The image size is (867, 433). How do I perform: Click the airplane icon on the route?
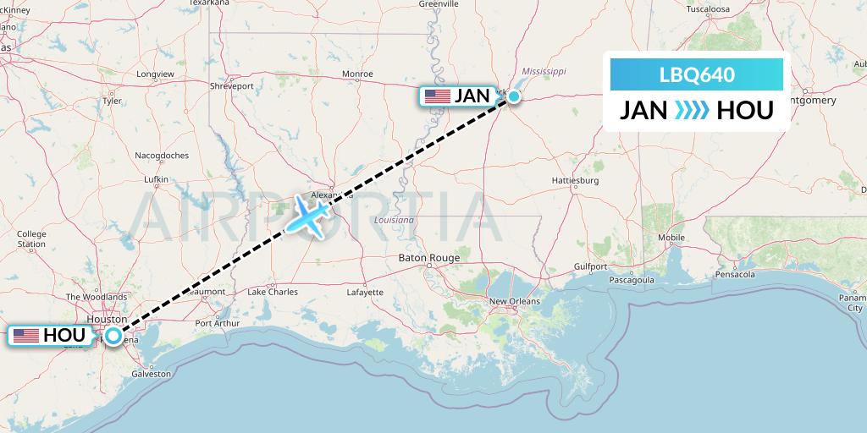pyautogui.click(x=310, y=216)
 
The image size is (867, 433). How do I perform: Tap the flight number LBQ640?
pyautogui.click(x=697, y=74)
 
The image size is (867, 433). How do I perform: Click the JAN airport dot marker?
pyautogui.click(x=513, y=97)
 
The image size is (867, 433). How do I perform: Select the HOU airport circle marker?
pyautogui.click(x=113, y=336)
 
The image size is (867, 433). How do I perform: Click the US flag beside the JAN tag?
pyautogui.click(x=437, y=96)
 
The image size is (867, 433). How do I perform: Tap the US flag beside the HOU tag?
pyautogui.click(x=25, y=336)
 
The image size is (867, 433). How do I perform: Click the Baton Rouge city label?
pyautogui.click(x=429, y=258)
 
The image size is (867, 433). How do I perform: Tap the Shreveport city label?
pyautogui.click(x=232, y=86)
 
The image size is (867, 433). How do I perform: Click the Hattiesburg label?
pyautogui.click(x=575, y=181)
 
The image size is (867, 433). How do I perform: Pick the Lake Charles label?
pyautogui.click(x=272, y=293)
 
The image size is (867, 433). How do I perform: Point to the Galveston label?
pyautogui.click(x=150, y=373)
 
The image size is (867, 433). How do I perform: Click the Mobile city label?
pyautogui.click(x=671, y=238)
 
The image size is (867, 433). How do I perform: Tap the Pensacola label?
pyautogui.click(x=734, y=275)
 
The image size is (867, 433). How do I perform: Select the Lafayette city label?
pyautogui.click(x=365, y=293)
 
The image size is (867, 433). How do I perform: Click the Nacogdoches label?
pyautogui.click(x=161, y=156)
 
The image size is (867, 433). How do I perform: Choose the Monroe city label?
pyautogui.click(x=357, y=74)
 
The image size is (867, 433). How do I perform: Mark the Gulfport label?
pyautogui.click(x=591, y=266)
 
